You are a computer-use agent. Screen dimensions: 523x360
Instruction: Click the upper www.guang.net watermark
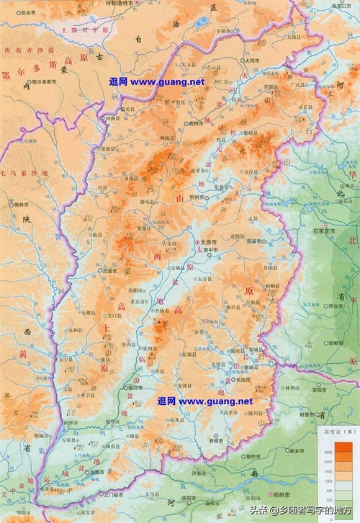[156, 81]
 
